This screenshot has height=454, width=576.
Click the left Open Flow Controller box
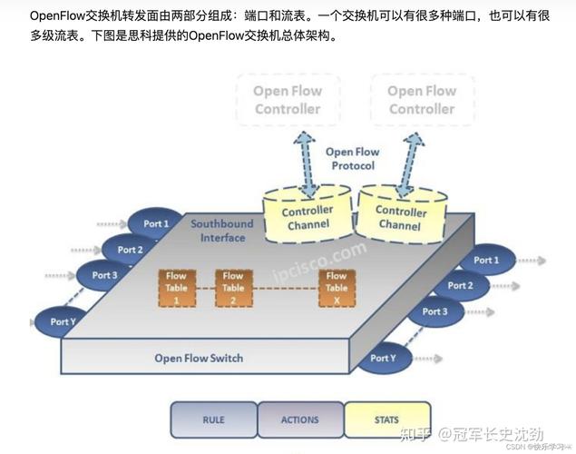(x=287, y=100)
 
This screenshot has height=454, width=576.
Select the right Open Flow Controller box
(x=422, y=100)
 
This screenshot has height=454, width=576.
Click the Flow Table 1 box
(x=176, y=287)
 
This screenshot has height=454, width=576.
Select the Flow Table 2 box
(x=233, y=287)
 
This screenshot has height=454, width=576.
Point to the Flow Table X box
(x=337, y=287)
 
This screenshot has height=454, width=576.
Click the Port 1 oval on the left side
(x=155, y=224)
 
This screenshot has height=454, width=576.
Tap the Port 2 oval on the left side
(x=130, y=250)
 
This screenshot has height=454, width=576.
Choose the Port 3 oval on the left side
(x=104, y=275)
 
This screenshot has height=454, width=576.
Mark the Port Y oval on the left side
(x=62, y=321)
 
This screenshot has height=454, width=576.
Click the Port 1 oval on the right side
(x=485, y=261)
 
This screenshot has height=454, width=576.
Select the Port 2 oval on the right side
(x=460, y=286)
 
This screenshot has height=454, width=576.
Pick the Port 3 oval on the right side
(x=434, y=311)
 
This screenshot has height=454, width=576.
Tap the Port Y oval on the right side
(x=384, y=358)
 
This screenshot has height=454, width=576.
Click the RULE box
(x=213, y=420)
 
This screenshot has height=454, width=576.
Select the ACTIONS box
(x=300, y=420)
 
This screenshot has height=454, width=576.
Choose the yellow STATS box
(x=386, y=420)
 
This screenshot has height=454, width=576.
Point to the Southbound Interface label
(x=223, y=231)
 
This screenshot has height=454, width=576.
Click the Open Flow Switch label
(x=199, y=358)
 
